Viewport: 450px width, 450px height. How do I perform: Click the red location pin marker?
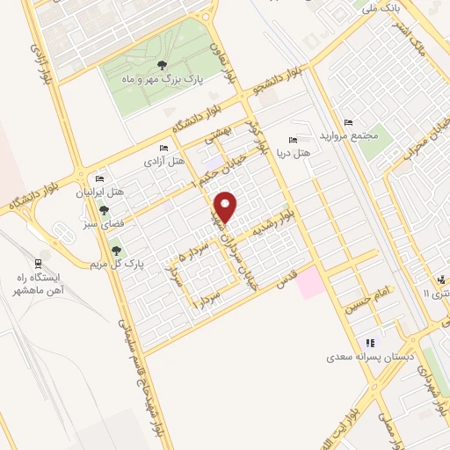coord(227,207)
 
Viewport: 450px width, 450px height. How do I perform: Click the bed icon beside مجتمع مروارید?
coord(349,122)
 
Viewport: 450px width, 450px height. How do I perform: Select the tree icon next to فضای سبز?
coord(105,210)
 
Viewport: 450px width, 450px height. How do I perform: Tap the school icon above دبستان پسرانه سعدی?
coord(370,343)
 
